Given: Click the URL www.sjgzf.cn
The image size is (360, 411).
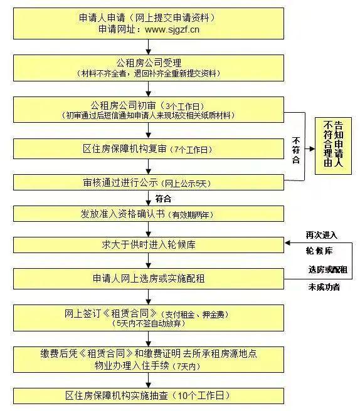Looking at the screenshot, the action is pos(172,29).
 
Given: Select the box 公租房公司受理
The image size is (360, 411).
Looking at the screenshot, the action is pos(149,68).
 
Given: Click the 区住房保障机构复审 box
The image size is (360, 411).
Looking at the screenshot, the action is pos(149,149).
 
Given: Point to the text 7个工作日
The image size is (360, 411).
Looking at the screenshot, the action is pos(193,150).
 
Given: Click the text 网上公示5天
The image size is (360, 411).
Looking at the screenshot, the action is pos(186,184).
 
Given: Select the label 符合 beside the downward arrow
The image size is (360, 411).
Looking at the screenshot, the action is pos(163,199).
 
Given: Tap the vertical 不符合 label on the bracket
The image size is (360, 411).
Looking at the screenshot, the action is pos(296,150).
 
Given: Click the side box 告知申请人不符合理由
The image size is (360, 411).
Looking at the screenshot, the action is pos(333,146).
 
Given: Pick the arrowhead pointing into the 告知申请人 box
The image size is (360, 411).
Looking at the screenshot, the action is pos(312,149).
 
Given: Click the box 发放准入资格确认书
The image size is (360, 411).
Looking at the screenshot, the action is pos(149,214).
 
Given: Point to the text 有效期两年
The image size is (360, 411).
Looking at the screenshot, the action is pos(191,215).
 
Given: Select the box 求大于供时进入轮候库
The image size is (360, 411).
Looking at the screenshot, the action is pos(149,245).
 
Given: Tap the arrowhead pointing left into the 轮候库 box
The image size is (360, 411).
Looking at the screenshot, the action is pos(287,243).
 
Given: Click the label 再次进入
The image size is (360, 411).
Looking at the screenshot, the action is pos(322,235).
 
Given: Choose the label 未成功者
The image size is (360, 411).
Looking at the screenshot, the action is pos(324,287).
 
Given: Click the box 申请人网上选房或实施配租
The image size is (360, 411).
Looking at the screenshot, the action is pos(149,279).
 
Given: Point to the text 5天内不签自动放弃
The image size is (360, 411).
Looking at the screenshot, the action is pos(149,323).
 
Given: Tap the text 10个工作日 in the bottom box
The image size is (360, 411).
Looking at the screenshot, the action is pos(201,395).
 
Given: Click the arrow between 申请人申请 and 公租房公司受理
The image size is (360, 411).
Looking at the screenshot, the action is pos(149,47).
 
